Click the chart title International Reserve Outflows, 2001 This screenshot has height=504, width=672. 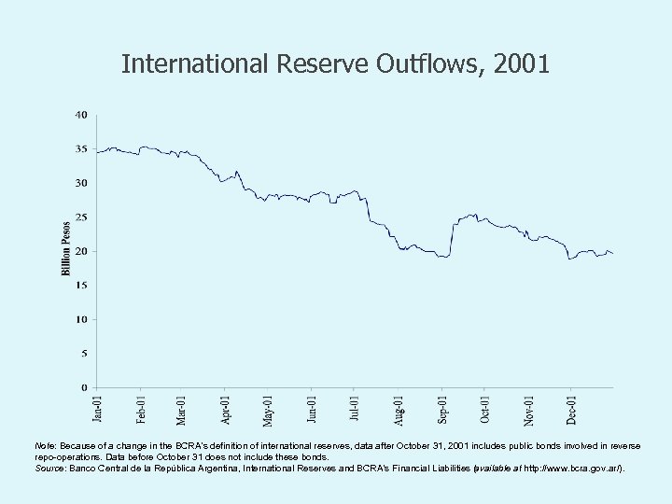click(336, 64)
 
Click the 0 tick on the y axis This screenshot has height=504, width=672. click(84, 387)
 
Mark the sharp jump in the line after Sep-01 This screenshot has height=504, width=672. click(453, 238)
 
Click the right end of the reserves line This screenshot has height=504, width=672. click(612, 254)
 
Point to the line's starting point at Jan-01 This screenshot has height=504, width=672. click(97, 152)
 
